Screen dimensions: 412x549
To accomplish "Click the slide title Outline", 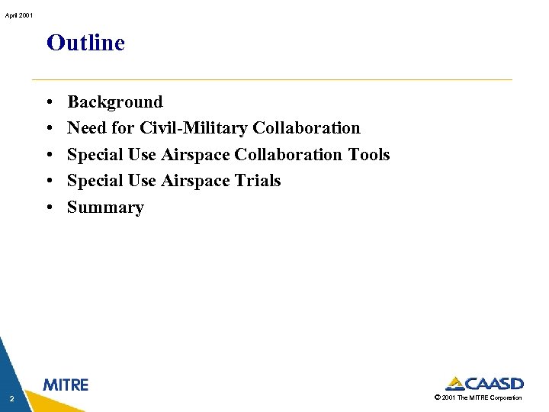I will click(x=85, y=43).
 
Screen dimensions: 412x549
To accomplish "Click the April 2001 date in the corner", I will click(x=16, y=15).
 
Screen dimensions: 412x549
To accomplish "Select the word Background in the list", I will click(x=115, y=102).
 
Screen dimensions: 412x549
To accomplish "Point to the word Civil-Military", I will click(x=194, y=128).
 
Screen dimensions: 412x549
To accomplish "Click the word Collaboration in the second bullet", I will click(x=307, y=128).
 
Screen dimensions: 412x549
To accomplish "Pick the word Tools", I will click(x=368, y=155).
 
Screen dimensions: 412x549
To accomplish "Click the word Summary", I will click(x=105, y=208).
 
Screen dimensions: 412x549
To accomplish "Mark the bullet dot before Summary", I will click(x=48, y=208).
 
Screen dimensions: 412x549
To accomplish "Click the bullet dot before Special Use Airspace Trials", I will click(x=48, y=182).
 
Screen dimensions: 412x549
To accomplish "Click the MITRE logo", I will click(x=66, y=385).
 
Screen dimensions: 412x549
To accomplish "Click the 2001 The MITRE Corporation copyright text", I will click(x=481, y=398).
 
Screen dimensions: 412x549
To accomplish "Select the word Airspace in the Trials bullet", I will click(x=194, y=181).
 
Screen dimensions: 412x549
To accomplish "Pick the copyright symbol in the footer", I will click(x=436, y=398).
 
